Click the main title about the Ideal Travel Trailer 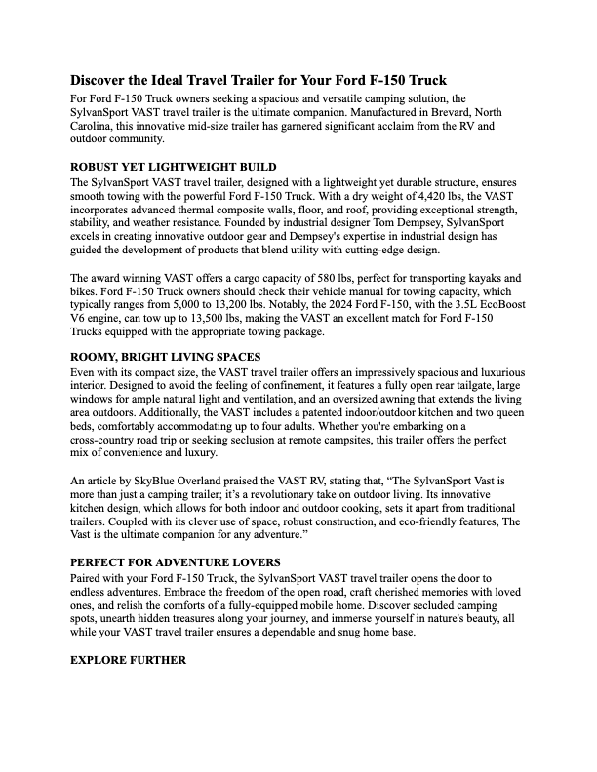point(259,80)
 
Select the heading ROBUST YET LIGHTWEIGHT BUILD point(173,168)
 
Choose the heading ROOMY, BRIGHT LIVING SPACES point(166,357)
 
